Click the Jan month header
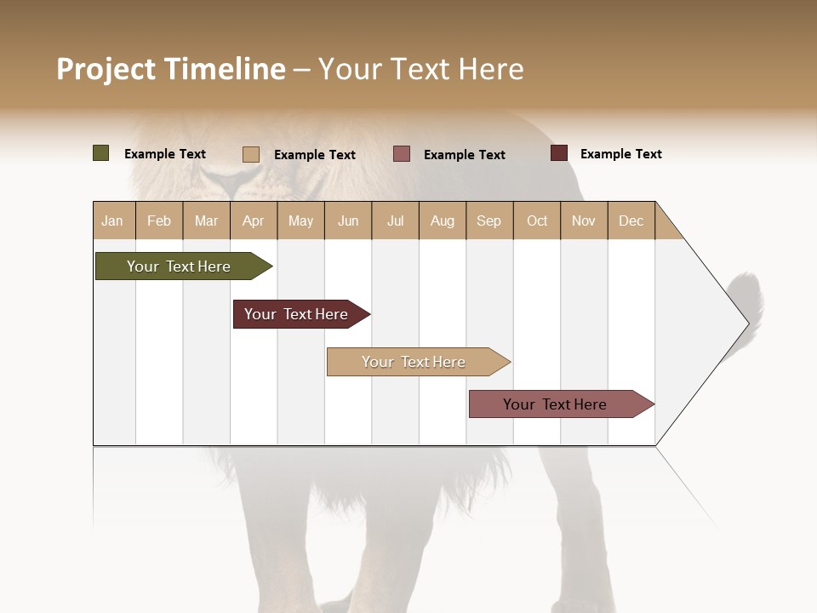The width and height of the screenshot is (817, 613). [x=113, y=221]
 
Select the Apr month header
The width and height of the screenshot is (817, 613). [x=254, y=221]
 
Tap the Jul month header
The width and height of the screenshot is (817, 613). [x=395, y=221]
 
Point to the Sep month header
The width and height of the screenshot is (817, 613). [x=488, y=221]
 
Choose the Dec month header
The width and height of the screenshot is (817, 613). [x=631, y=221]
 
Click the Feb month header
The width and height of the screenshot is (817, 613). [x=159, y=221]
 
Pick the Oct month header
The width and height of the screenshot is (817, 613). [x=537, y=221]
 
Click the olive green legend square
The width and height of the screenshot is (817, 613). [x=100, y=153]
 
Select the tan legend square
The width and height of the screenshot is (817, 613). [x=250, y=154]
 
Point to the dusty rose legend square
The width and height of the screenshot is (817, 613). [x=402, y=153]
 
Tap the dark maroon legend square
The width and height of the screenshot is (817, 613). [x=558, y=153]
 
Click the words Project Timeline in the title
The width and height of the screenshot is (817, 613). [x=171, y=69]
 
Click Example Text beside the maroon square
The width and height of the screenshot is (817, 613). [x=620, y=154]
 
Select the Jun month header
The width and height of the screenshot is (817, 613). [x=348, y=221]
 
